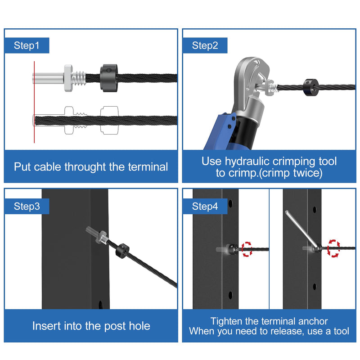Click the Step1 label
(27, 45)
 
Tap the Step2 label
(205, 45)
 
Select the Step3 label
(27, 206)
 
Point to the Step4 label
(205, 206)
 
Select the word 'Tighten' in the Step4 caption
(226, 321)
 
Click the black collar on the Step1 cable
(109, 78)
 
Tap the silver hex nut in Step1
(68, 78)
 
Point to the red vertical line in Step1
(34, 102)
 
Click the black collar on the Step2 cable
(310, 87)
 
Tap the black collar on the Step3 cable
(122, 251)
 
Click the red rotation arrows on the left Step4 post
(247, 249)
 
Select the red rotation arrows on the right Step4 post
(333, 248)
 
